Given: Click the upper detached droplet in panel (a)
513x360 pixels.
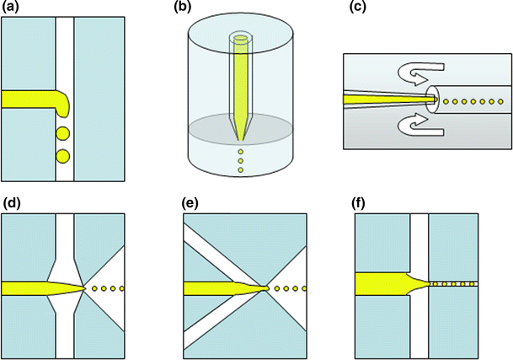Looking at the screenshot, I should click(62, 134).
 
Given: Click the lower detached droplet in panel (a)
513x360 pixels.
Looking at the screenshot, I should click(62, 156).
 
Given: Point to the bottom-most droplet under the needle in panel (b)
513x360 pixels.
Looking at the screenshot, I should click(240, 171).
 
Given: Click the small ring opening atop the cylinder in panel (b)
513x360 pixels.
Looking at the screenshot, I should click(240, 37).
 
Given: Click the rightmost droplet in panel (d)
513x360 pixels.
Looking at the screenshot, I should click(123, 289).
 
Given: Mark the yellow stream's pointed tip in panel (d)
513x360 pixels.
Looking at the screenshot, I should click(84, 289).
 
